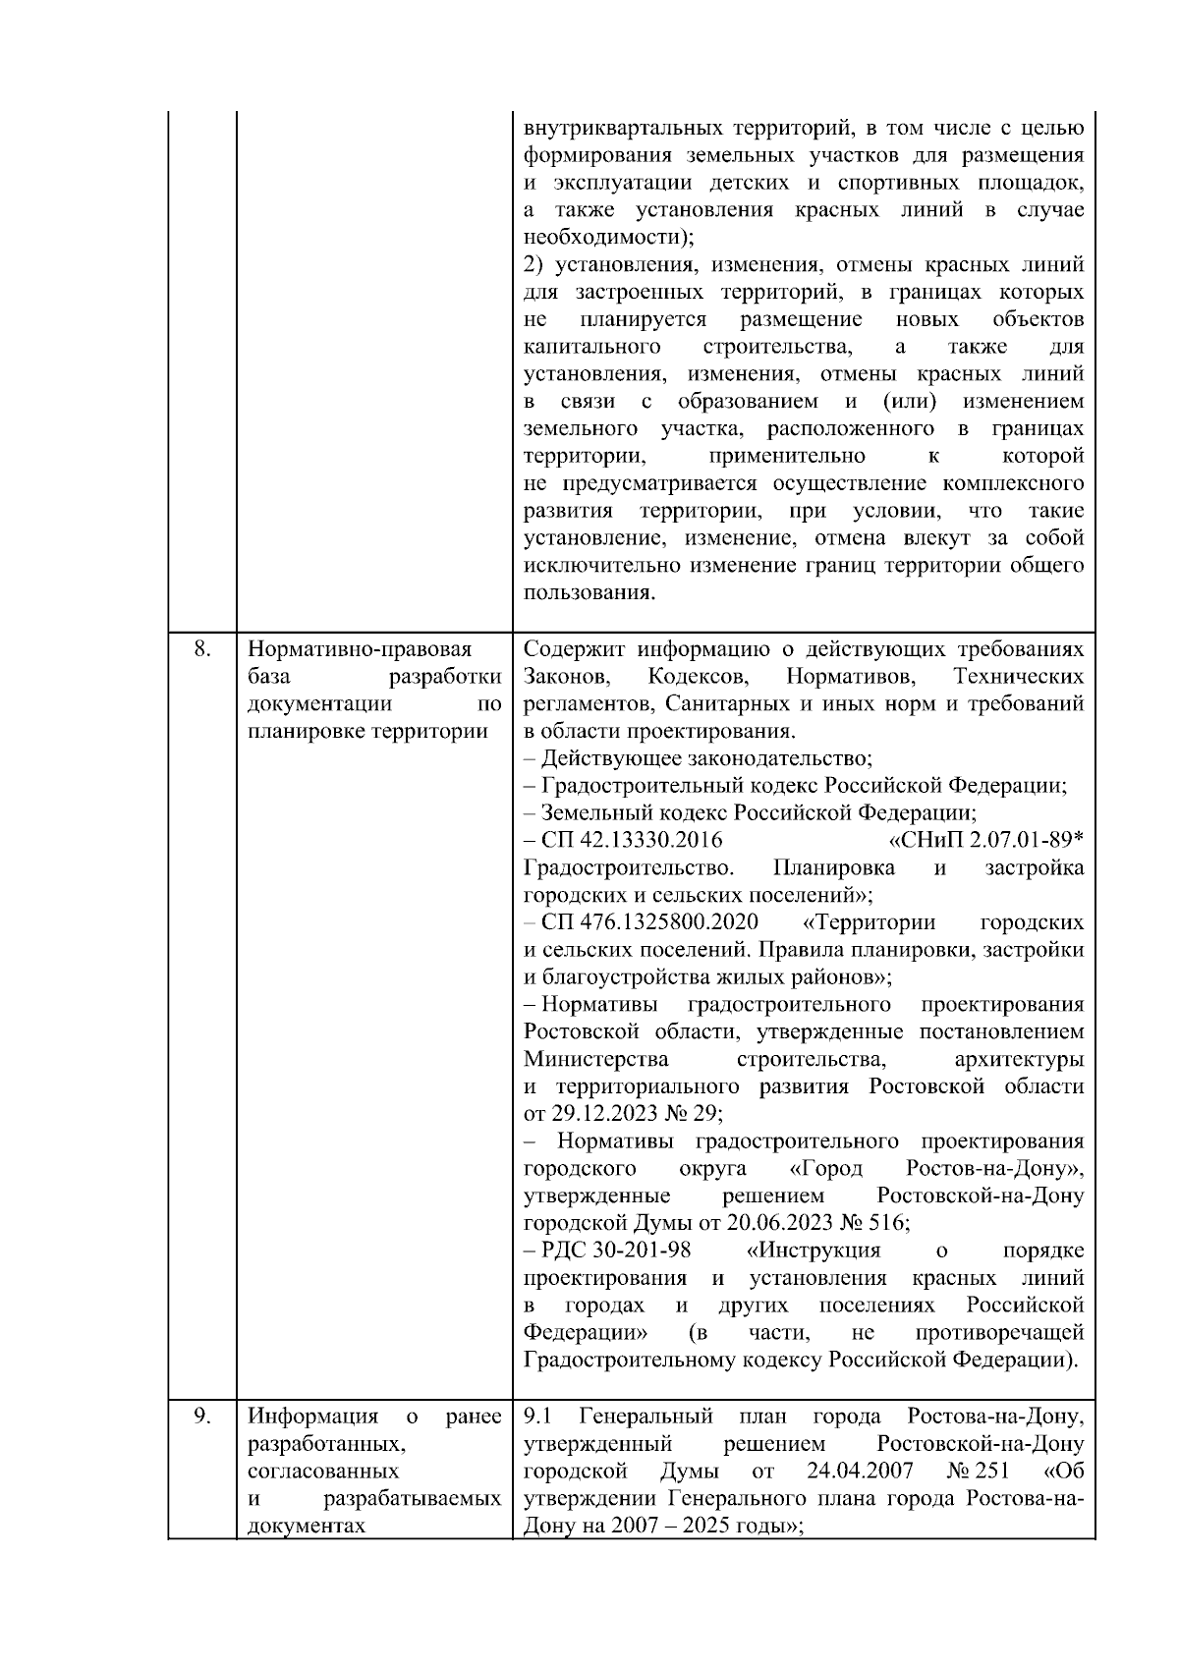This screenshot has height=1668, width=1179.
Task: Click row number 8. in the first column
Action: tap(201, 649)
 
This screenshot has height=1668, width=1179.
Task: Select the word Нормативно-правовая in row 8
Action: tap(360, 649)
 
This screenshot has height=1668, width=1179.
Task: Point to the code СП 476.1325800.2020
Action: tap(649, 922)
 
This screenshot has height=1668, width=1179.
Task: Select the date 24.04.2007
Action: tap(860, 1471)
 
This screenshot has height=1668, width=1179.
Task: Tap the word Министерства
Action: tap(596, 1059)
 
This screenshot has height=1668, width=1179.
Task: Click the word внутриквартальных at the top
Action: tap(623, 129)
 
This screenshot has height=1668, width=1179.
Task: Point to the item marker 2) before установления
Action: tap(533, 265)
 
